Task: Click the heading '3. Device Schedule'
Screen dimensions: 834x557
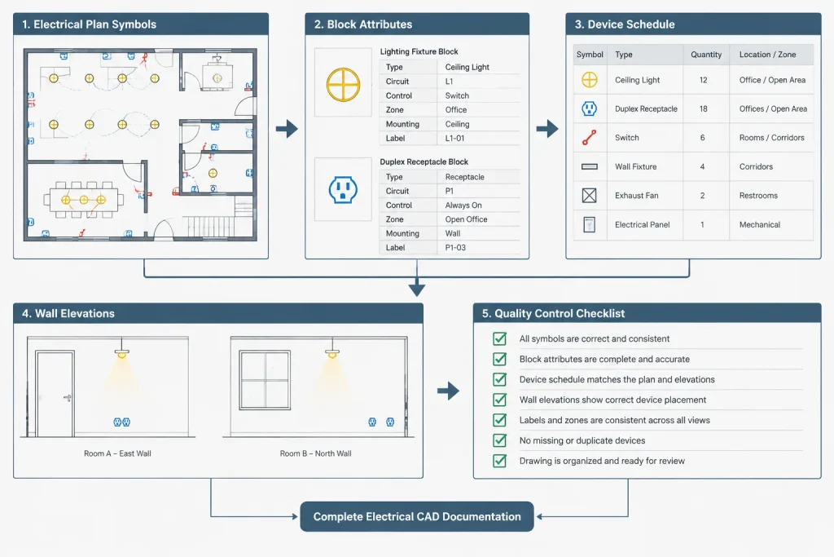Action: [625, 24]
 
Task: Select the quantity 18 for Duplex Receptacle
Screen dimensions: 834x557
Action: [703, 108]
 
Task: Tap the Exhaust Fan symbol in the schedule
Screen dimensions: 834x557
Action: [589, 196]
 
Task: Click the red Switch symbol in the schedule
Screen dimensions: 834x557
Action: [589, 137]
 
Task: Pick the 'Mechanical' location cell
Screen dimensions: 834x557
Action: [760, 225]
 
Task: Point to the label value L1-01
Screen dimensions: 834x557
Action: [454, 138]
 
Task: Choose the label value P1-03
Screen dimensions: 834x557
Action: [455, 248]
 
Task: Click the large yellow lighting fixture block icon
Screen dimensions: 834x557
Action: [343, 85]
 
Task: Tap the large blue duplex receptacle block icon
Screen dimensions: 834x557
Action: [343, 189]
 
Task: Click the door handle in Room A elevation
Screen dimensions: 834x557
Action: [68, 398]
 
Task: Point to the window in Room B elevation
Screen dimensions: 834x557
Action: [265, 380]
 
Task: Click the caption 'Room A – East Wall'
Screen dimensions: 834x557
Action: [117, 453]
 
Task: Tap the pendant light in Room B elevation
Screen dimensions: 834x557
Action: [332, 351]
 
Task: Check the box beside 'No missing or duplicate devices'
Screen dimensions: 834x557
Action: [499, 440]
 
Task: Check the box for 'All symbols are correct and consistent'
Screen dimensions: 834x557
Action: [499, 338]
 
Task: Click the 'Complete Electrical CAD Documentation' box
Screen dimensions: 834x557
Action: [417, 516]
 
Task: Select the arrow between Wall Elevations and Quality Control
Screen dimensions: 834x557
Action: [449, 391]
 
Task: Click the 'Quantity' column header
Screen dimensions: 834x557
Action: [706, 55]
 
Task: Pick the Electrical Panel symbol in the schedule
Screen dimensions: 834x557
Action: [589, 225]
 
